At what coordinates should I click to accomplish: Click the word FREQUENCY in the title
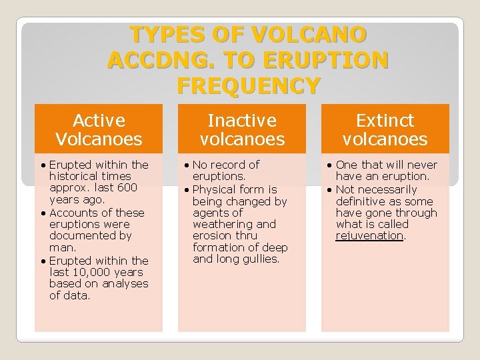tap(249, 86)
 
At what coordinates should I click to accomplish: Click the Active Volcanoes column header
tap(99, 129)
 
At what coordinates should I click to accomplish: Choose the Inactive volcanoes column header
tap(242, 129)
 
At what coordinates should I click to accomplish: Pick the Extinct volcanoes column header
tap(385, 129)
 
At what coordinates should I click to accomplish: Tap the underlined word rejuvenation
tap(370, 236)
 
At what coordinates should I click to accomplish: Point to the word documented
tap(81, 236)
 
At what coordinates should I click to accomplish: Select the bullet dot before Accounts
tap(43, 213)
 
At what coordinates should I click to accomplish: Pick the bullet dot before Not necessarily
tap(329, 190)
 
